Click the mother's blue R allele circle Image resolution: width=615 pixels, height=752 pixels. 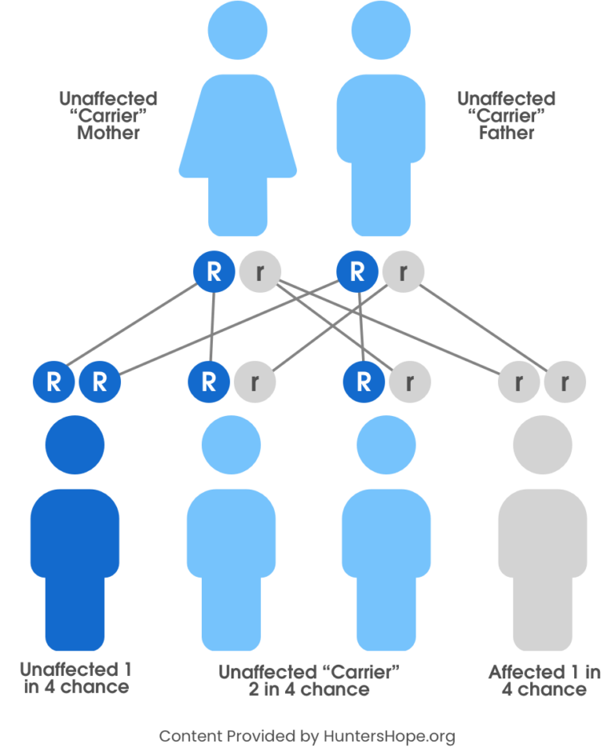214,272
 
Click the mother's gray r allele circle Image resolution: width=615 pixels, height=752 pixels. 259,272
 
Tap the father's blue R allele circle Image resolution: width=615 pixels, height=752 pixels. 357,272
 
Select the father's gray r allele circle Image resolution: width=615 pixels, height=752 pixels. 403,272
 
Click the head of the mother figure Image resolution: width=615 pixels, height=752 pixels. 238,30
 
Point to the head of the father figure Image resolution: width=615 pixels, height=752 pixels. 380,30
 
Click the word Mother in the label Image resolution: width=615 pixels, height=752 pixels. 108,133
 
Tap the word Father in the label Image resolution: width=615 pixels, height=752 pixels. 506,133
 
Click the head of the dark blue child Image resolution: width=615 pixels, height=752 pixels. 75,445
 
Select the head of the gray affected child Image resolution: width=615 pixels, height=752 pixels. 542,445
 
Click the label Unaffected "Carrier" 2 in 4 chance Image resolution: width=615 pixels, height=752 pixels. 308,681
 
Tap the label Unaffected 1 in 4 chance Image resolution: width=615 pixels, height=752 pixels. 76,678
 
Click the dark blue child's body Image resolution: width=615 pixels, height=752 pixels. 75,552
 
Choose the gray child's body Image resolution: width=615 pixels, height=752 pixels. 542,552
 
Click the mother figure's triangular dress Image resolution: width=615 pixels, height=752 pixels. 238,128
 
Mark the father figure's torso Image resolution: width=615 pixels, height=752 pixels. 380,120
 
